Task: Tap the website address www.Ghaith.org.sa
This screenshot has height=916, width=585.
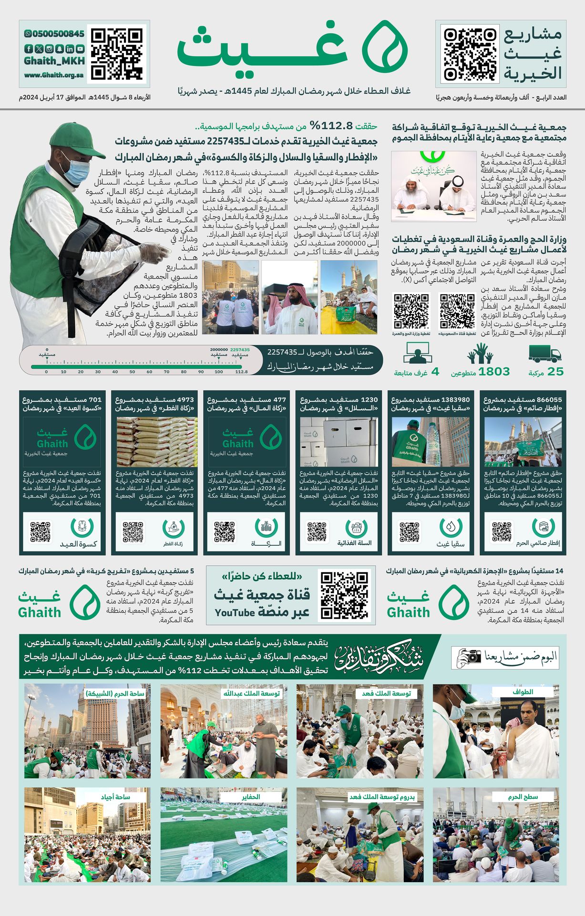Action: (54, 75)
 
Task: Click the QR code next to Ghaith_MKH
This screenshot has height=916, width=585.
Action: (117, 53)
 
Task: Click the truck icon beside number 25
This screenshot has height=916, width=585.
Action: (544, 354)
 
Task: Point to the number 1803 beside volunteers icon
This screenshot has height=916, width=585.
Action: (494, 372)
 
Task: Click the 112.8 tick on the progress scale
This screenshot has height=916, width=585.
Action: (241, 371)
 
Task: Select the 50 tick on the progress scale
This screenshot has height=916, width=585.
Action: (132, 371)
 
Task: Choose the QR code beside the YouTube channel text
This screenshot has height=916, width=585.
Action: (345, 595)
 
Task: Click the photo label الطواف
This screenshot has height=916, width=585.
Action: (523, 692)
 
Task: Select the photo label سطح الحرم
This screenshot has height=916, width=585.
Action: (523, 797)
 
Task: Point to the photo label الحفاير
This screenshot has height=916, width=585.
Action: (251, 797)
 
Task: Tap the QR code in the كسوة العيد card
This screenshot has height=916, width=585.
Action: (40, 532)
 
